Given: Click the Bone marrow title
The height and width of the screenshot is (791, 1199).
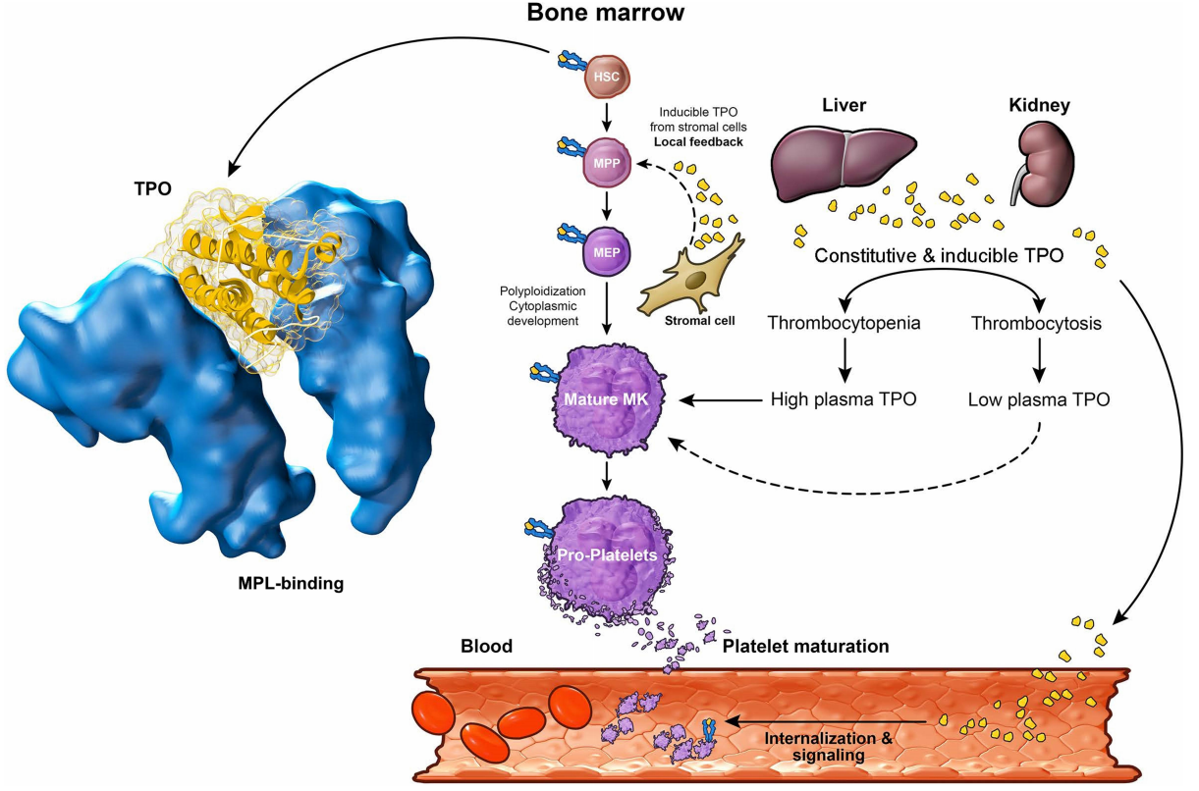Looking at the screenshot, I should [606, 14].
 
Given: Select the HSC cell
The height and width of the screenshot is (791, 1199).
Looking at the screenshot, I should [606, 76].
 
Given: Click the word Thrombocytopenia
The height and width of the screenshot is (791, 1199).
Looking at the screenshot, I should [844, 323].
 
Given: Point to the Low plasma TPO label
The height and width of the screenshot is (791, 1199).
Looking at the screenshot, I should [1039, 399].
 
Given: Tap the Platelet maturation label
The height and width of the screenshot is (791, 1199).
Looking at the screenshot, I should [805, 647].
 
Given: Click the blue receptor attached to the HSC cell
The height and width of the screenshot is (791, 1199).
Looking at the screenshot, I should [569, 62].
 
